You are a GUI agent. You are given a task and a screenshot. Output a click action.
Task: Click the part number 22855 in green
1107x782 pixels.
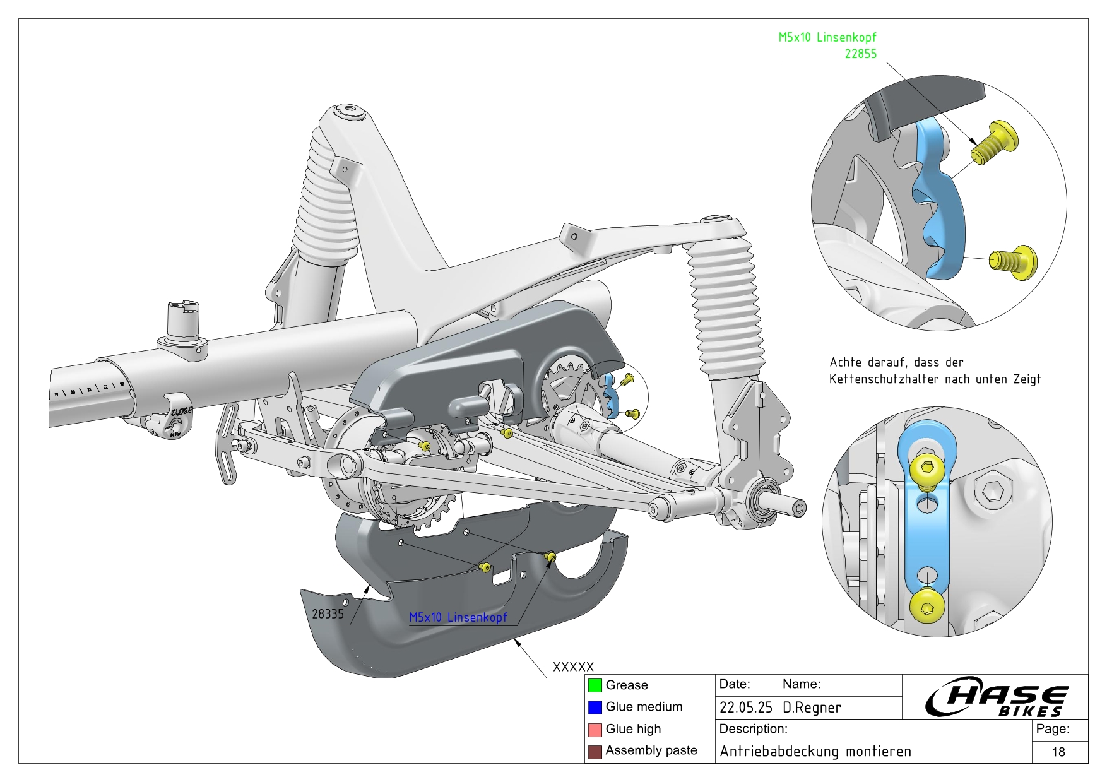click(860, 54)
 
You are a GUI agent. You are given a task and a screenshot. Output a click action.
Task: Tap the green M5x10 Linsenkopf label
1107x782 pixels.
click(827, 37)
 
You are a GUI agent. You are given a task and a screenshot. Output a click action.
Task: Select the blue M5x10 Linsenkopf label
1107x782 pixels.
click(458, 617)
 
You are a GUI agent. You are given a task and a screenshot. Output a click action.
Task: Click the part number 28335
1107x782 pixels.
click(328, 614)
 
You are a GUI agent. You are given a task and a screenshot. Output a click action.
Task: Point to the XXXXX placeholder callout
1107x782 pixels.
click(573, 667)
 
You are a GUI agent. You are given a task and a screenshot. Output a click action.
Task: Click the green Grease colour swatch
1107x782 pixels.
click(595, 685)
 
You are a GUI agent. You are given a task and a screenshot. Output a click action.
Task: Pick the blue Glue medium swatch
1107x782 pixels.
click(595, 708)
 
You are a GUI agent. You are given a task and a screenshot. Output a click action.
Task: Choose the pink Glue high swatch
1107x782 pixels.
click(595, 730)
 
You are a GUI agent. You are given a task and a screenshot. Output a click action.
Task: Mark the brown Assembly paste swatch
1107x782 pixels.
click(595, 752)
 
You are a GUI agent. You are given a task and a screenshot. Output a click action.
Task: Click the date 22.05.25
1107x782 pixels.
click(746, 708)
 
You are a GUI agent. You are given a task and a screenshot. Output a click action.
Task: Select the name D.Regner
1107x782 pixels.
click(812, 708)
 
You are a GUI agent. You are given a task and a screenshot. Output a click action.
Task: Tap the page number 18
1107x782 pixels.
click(1058, 752)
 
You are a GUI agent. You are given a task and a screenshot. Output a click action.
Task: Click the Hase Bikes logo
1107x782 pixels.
click(996, 697)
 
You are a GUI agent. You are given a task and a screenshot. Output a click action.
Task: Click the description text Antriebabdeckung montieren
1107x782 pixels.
click(815, 752)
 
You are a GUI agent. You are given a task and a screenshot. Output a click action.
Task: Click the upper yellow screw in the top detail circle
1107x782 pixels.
click(996, 142)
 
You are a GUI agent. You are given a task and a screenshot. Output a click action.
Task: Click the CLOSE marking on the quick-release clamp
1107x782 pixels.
click(181, 411)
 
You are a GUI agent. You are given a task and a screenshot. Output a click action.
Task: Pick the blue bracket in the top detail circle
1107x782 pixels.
click(938, 202)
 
